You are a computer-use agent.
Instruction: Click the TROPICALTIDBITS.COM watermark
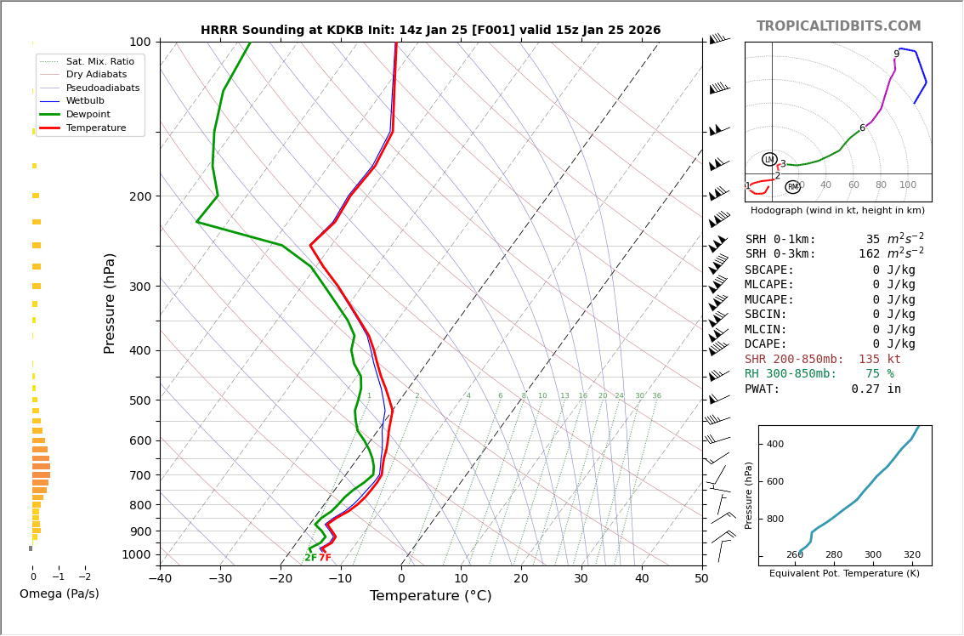click(838, 26)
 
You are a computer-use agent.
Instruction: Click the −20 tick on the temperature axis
click(280, 579)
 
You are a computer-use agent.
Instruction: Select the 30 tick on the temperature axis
click(581, 579)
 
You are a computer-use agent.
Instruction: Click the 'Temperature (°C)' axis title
click(430, 596)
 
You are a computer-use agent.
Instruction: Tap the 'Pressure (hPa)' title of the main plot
click(111, 303)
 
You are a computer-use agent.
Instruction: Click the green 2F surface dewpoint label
click(310, 558)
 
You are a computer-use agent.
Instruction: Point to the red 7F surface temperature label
click(325, 558)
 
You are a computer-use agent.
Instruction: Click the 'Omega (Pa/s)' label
click(59, 594)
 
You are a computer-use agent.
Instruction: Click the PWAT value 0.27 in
click(876, 389)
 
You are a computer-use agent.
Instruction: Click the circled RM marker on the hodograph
click(792, 187)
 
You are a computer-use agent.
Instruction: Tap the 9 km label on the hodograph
click(896, 54)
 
